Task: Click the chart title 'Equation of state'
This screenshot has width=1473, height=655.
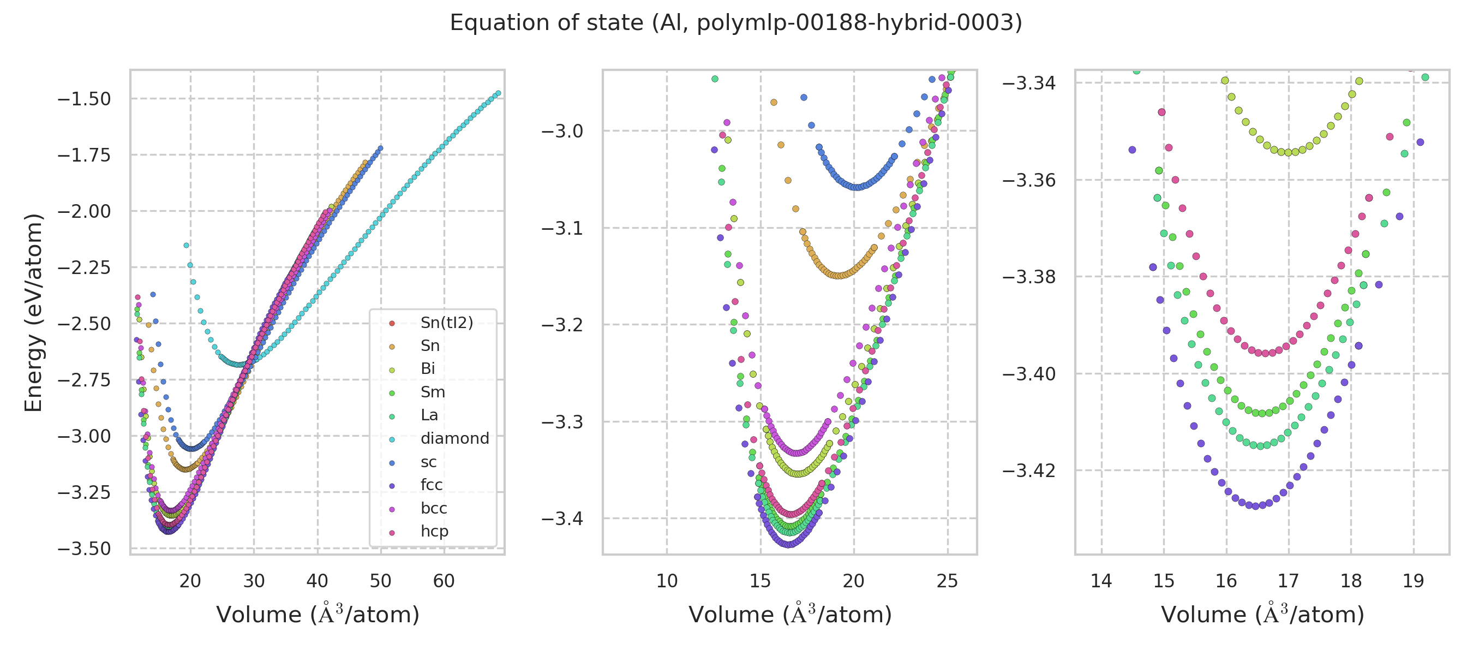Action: click(x=735, y=23)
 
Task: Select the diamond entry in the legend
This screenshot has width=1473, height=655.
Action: click(x=454, y=438)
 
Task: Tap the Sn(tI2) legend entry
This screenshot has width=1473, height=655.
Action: click(x=447, y=323)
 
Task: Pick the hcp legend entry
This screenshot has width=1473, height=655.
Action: click(x=434, y=531)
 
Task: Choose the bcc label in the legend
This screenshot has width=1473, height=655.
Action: click(x=433, y=508)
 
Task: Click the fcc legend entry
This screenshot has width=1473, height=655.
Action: click(x=431, y=485)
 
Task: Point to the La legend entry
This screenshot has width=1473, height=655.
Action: click(x=429, y=415)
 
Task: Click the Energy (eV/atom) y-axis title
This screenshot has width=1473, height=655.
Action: click(x=33, y=312)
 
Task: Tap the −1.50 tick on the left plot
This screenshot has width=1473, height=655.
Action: click(x=84, y=99)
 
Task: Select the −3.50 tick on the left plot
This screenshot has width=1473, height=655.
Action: click(x=84, y=549)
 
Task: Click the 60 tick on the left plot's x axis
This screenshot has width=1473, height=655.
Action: click(x=444, y=581)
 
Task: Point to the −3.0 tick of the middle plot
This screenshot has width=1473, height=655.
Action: click(x=562, y=131)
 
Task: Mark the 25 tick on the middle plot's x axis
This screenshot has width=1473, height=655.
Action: click(x=948, y=581)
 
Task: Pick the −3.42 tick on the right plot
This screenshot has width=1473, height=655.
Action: click(x=1029, y=471)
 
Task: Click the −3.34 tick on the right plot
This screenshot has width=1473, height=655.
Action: click(x=1029, y=83)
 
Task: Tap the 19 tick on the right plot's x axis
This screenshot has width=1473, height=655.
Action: click(x=1414, y=581)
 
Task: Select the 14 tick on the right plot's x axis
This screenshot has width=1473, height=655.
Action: click(x=1101, y=581)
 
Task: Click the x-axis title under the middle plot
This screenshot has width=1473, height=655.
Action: click(x=789, y=615)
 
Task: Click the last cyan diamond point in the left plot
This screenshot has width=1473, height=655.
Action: click(x=498, y=93)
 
